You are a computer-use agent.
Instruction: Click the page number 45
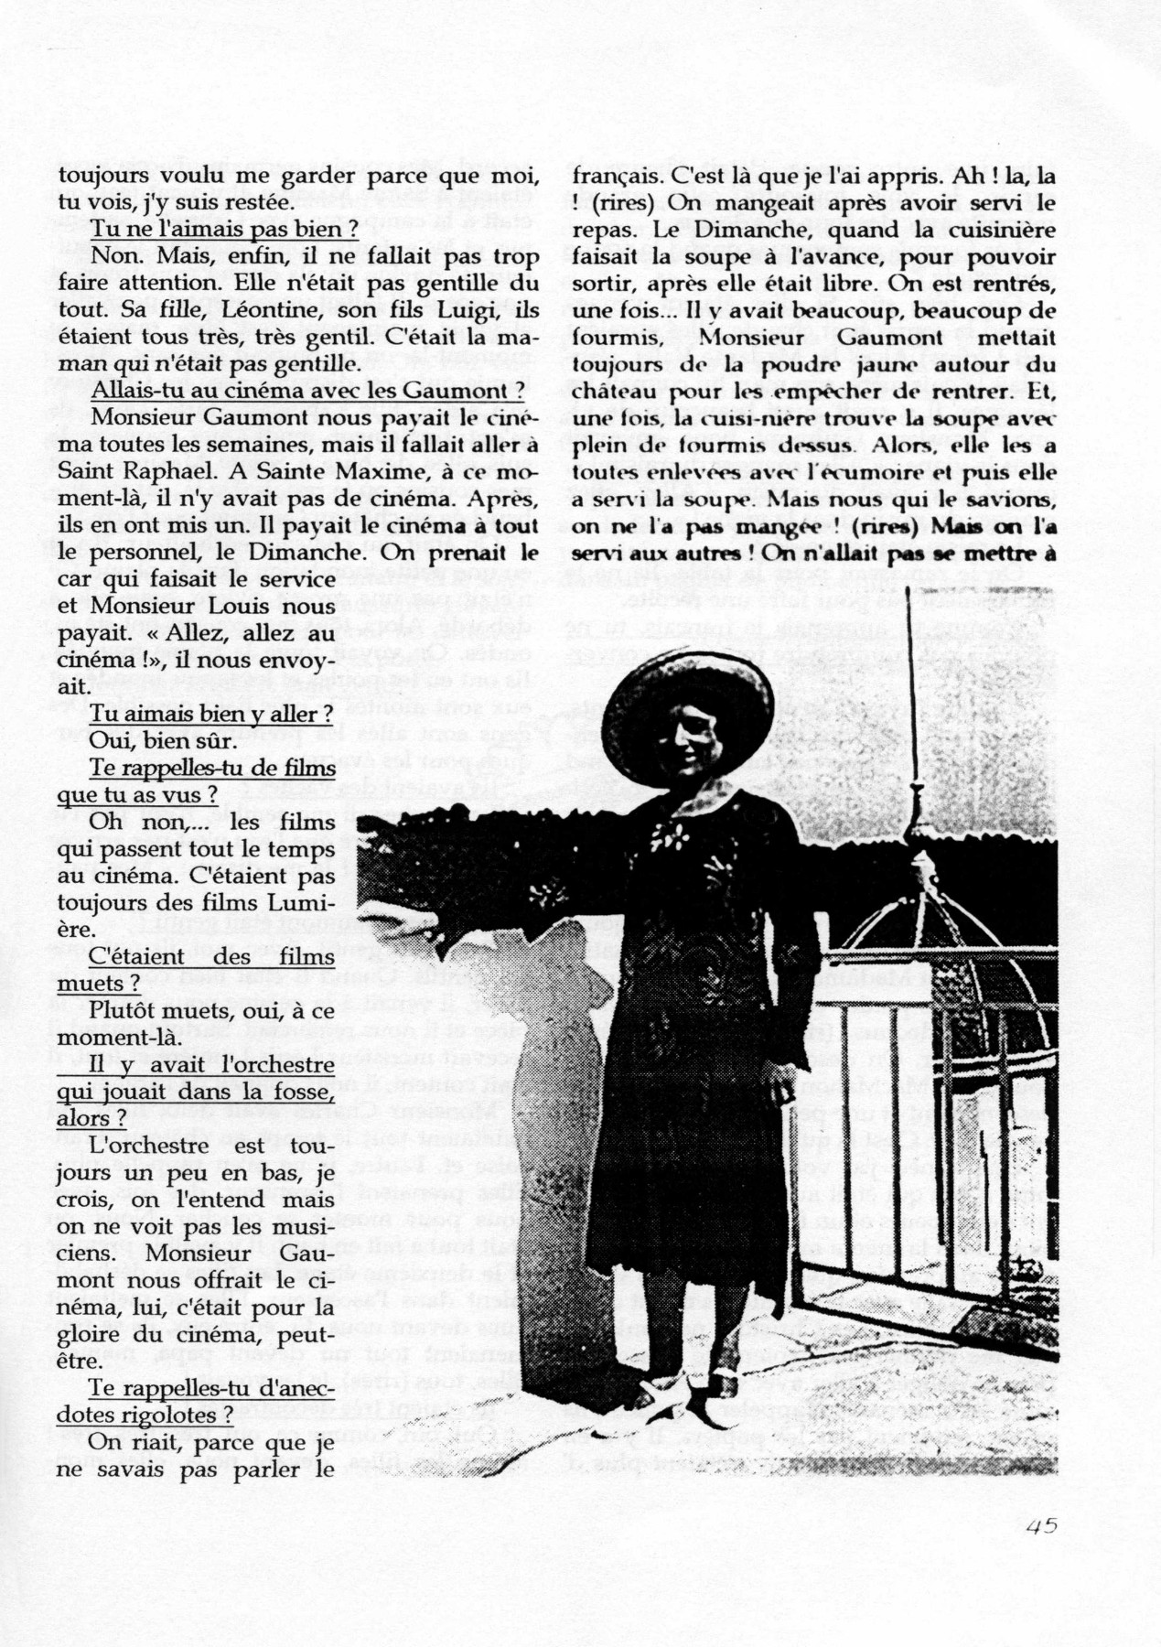[x=1041, y=1525]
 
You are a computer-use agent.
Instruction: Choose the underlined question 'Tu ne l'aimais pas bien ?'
[x=224, y=229]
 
